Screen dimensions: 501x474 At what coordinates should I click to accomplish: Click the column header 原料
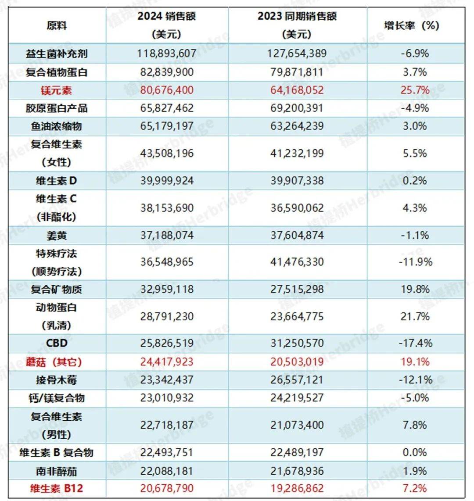(57, 25)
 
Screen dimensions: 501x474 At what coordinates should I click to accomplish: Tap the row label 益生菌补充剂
(57, 54)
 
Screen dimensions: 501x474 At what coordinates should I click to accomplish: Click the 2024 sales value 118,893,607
(166, 54)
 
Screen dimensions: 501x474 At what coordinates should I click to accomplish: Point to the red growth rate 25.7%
(415, 90)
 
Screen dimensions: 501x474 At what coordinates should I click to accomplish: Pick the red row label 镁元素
(57, 90)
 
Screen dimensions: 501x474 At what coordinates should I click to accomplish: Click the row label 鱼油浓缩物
(57, 126)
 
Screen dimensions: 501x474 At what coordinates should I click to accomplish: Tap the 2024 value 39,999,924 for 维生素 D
(166, 181)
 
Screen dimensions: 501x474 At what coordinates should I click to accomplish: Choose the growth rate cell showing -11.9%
(415, 262)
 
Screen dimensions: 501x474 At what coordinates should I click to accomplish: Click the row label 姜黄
(57, 235)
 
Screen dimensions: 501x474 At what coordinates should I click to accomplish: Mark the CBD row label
(57, 343)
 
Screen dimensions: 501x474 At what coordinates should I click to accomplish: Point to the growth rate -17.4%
(415, 343)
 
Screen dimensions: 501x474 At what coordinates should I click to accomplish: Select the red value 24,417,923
(166, 362)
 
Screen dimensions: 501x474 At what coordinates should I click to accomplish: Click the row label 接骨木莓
(57, 380)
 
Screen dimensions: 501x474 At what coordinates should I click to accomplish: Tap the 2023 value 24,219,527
(297, 398)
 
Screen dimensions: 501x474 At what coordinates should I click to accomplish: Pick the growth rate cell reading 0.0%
(415, 452)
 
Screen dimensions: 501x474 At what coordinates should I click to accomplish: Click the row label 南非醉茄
(57, 471)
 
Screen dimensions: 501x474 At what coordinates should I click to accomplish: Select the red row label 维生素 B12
(57, 488)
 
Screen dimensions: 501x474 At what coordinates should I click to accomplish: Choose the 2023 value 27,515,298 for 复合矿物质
(297, 289)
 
